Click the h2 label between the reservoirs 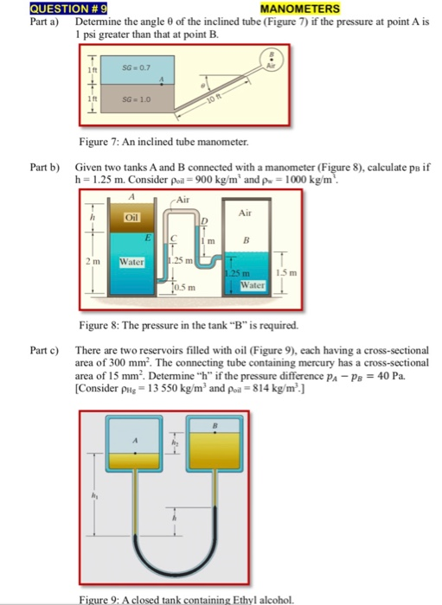point(173,444)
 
